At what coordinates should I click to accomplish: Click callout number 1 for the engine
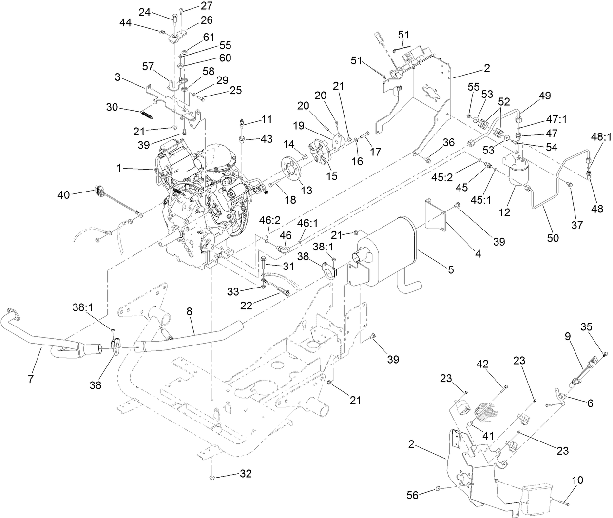click(119, 169)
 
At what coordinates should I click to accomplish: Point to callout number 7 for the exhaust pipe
click(30, 379)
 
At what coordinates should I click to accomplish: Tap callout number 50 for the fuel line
click(553, 238)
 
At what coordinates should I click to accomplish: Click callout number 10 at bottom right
click(577, 480)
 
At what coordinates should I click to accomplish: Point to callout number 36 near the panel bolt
click(448, 142)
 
